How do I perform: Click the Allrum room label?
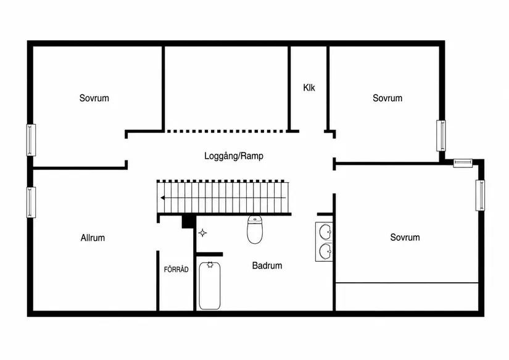coord(93,238)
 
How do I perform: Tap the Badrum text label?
coord(267,266)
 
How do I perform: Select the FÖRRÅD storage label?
coord(176,269)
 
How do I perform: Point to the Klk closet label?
coord(309,88)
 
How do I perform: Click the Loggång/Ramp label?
coord(234,156)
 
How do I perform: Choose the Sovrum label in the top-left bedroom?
coord(94,98)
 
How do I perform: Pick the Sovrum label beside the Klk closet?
coord(387,98)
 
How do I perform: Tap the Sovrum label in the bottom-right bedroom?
coord(405,237)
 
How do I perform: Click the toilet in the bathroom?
coord(255,229)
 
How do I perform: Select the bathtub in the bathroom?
coord(210,286)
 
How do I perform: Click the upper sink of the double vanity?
coord(325,232)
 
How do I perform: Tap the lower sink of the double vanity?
coord(325,251)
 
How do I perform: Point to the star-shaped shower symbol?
coord(202,233)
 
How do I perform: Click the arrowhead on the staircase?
coord(163,198)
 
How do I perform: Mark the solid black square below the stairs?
coord(188,222)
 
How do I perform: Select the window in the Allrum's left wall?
coord(31,202)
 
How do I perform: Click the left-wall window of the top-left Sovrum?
coord(31,140)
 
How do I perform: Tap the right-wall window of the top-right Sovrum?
coord(441,135)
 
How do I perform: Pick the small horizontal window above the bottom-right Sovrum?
coord(463,163)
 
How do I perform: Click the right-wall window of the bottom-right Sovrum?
coord(480,195)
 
